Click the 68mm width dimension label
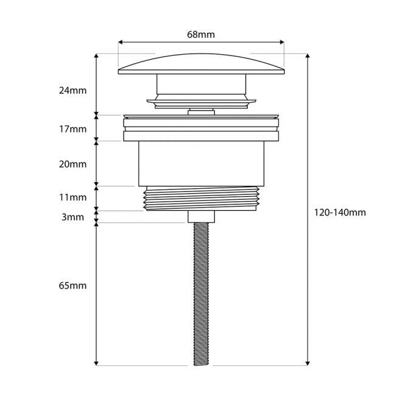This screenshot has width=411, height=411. tap(201, 35)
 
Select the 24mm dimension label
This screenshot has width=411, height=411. tap(73, 91)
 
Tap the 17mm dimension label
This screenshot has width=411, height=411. tap(73, 129)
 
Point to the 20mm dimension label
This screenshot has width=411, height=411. tap(73, 164)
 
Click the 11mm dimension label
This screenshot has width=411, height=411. tap(73, 197)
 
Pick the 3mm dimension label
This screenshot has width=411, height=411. tap(73, 217)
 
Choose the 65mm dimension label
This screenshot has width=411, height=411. tap(73, 286)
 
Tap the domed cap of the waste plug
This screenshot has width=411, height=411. tap(201, 63)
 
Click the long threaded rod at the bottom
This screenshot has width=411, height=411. tap(201, 292)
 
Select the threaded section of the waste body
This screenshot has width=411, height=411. tap(201, 198)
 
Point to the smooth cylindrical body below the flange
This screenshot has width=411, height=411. tap(201, 163)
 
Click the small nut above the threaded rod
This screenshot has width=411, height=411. tap(201, 216)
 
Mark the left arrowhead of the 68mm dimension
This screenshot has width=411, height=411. tap(121, 43)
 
